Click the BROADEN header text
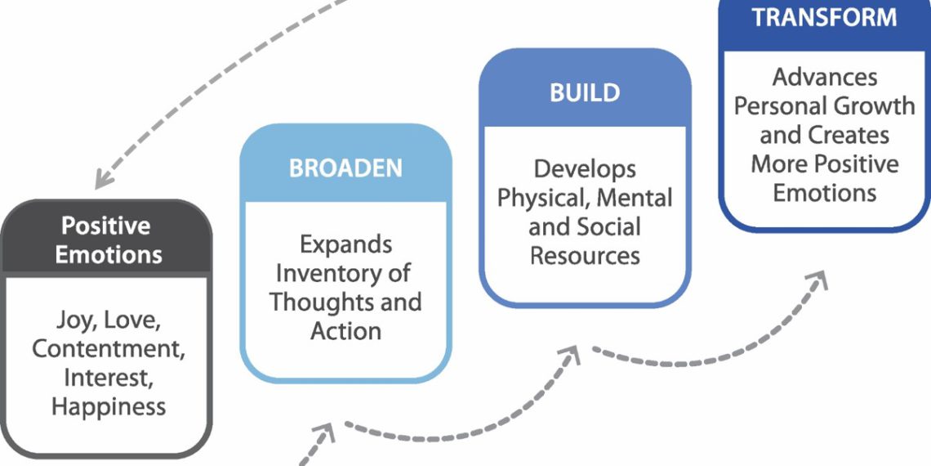pyautogui.click(x=345, y=168)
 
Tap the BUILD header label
pyautogui.click(x=584, y=93)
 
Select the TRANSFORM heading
pyautogui.click(x=825, y=17)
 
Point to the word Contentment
pyautogui.click(x=108, y=348)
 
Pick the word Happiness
pyautogui.click(x=109, y=406)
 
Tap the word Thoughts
pyautogui.click(x=317, y=302)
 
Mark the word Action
pyautogui.click(x=345, y=331)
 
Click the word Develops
pyautogui.click(x=585, y=169)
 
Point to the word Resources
pyautogui.click(x=585, y=255)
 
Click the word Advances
pyautogui.click(x=825, y=77)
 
